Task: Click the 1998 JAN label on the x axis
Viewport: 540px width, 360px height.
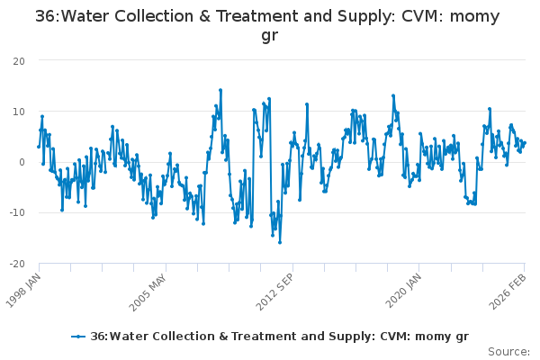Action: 25,286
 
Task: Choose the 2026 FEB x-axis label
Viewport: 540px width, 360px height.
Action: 510,286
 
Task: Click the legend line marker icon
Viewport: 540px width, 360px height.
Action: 79,336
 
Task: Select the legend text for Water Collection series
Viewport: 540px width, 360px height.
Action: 279,336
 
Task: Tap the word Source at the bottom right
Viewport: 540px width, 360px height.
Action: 508,351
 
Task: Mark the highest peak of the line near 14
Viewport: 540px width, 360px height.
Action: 220,90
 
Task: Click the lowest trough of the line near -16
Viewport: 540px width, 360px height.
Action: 280,242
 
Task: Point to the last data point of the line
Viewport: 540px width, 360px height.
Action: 525,142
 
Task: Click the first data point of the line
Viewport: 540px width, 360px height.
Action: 39,146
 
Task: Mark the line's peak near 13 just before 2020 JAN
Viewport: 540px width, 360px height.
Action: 393,95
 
